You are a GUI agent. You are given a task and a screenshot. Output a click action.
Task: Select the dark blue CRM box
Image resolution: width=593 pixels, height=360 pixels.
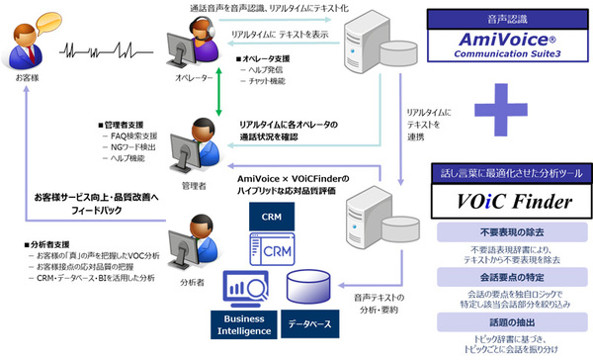(272, 216)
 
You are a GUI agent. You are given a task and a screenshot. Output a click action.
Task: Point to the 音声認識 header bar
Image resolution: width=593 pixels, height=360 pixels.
(507, 17)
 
